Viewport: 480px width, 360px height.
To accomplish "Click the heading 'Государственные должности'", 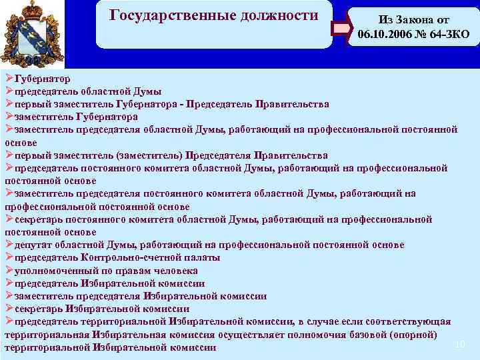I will pos(213,15).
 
